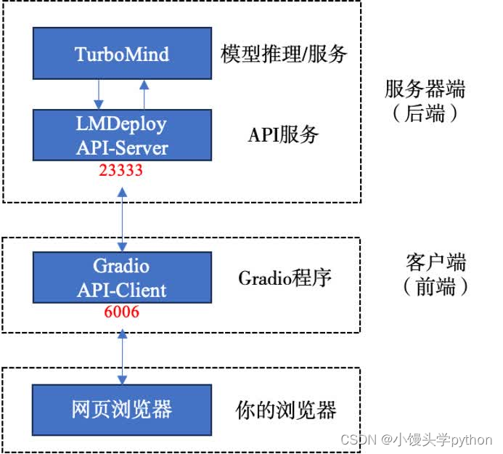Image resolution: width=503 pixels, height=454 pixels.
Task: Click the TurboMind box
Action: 122,54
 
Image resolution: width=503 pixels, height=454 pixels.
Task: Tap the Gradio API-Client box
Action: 122,277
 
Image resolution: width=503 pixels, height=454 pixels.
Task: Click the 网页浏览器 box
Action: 122,408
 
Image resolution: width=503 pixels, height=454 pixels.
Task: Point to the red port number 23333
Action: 122,171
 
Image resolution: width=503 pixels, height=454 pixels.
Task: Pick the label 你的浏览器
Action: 286,410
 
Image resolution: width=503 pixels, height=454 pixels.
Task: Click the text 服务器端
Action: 425,90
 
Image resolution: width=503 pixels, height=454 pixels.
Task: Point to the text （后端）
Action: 425,114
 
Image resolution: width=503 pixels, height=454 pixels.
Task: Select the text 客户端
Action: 435,262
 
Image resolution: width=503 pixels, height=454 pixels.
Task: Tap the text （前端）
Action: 435,287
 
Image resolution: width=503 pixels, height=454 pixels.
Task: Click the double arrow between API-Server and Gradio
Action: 122,216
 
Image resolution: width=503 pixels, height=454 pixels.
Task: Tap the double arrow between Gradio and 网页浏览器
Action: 122,356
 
